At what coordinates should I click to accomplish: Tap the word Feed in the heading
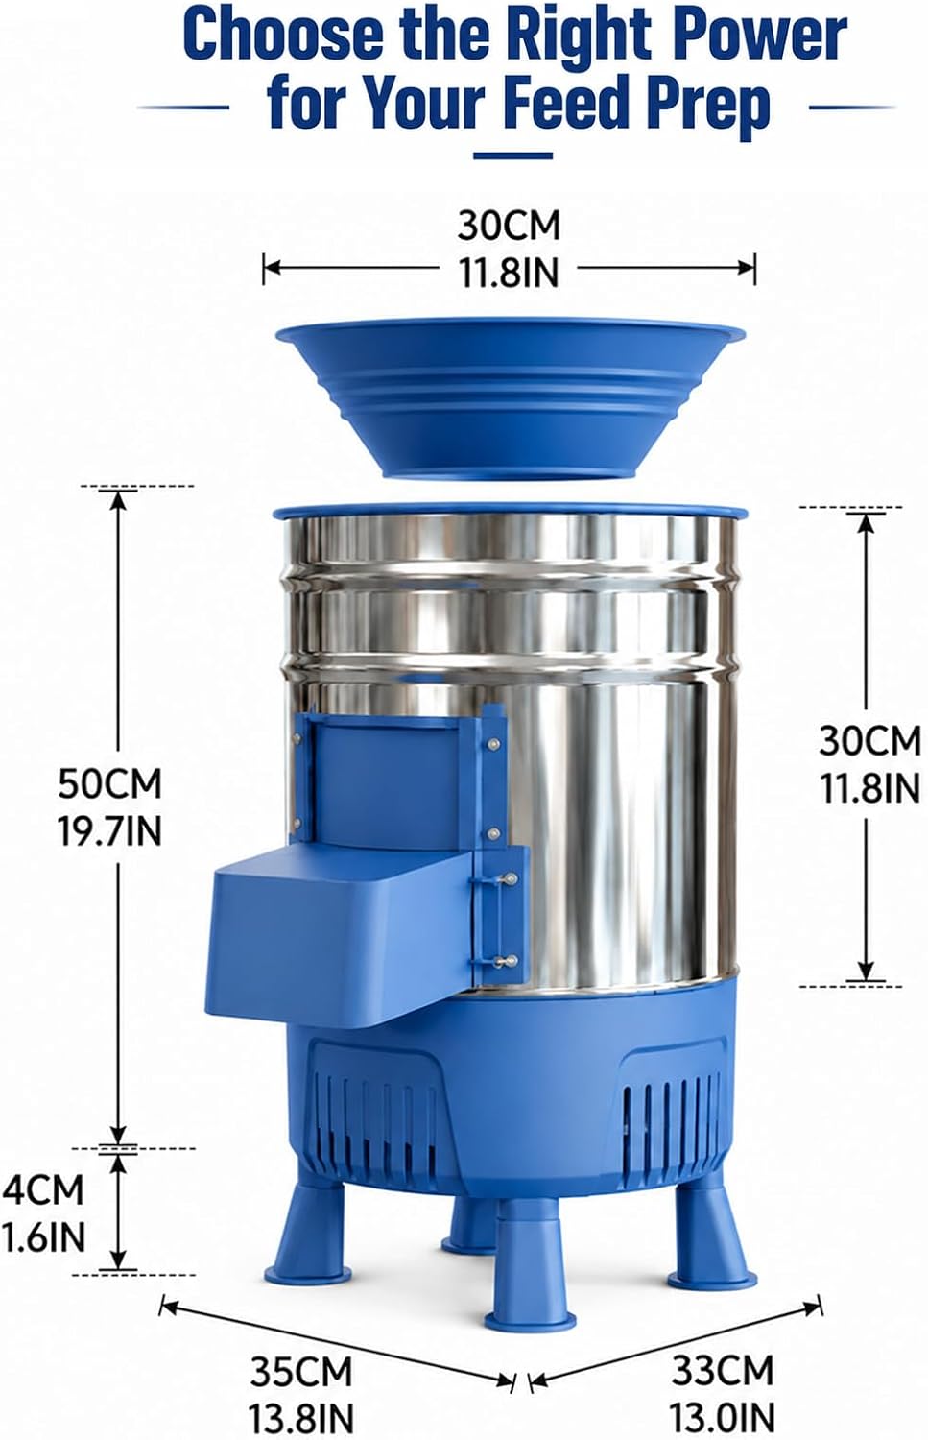(x=569, y=102)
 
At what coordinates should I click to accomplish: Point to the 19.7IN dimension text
(x=110, y=831)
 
